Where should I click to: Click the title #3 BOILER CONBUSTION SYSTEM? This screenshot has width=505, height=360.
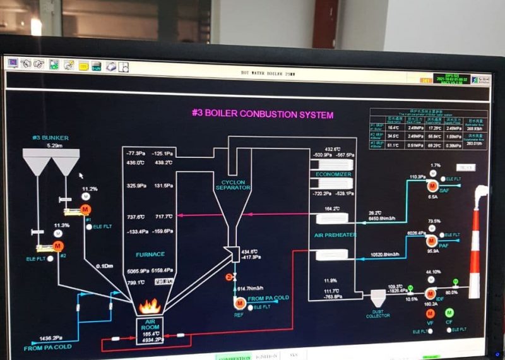tap(262, 114)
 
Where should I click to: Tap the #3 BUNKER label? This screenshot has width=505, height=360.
tap(50, 138)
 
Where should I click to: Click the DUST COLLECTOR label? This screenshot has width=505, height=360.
tap(378, 313)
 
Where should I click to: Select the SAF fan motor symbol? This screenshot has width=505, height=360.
tap(433, 186)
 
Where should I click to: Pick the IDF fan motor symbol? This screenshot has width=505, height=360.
tap(431, 293)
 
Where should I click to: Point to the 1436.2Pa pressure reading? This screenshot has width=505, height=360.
tap(50, 338)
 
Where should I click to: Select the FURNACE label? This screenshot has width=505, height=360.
tap(150, 254)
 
